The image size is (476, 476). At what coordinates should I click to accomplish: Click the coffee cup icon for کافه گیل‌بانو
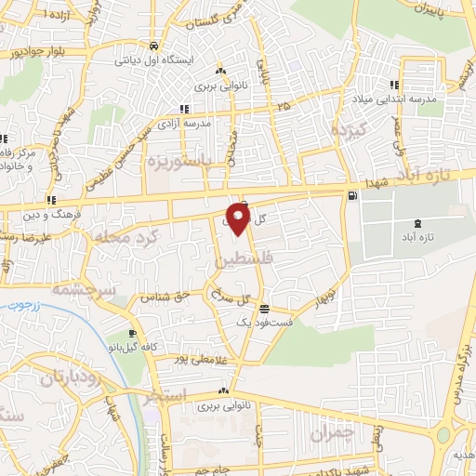point(133,334)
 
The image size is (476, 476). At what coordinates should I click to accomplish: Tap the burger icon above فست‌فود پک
point(265,309)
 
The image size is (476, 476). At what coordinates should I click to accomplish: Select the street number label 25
point(283,106)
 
